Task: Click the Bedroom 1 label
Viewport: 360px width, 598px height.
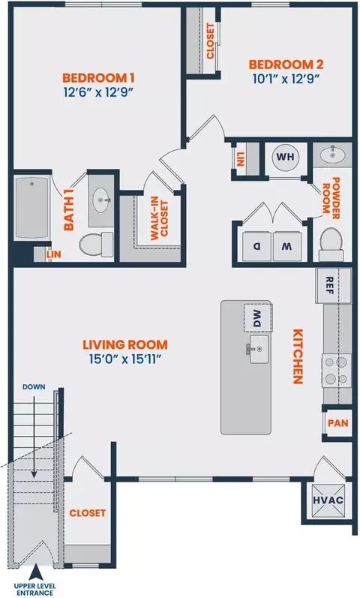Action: pyautogui.click(x=98, y=78)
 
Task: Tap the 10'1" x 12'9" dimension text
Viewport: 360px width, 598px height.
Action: pyautogui.click(x=286, y=79)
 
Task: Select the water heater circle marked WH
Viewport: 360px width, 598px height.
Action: pyautogui.click(x=286, y=157)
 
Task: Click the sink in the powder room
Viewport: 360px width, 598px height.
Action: pyautogui.click(x=332, y=155)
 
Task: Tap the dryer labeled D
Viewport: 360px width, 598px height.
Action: pyautogui.click(x=257, y=246)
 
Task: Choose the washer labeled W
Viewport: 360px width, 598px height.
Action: pyautogui.click(x=287, y=246)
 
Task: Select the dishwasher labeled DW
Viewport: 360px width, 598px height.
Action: pyautogui.click(x=258, y=317)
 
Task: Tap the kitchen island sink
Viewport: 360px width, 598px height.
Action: pyautogui.click(x=259, y=349)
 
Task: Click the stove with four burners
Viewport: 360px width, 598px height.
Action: pyautogui.click(x=337, y=371)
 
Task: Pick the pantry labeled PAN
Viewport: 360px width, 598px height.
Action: pyautogui.click(x=338, y=423)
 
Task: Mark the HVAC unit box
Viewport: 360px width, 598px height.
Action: pyautogui.click(x=328, y=500)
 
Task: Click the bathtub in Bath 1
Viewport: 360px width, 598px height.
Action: pyautogui.click(x=32, y=208)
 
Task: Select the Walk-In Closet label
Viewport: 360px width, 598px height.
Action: pyautogui.click(x=160, y=221)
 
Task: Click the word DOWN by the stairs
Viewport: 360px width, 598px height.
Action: pyautogui.click(x=34, y=387)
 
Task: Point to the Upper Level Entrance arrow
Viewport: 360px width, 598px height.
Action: pyautogui.click(x=35, y=572)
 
